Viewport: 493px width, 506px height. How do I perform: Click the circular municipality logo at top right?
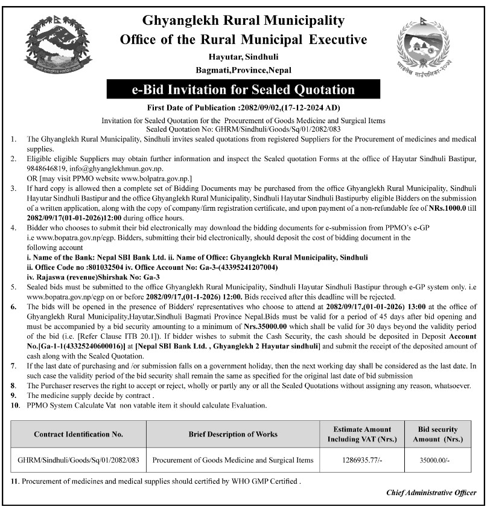click(423, 48)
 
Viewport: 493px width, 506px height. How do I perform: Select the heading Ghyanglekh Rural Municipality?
click(243, 20)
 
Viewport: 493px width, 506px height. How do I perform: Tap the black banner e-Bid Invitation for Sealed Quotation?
click(243, 90)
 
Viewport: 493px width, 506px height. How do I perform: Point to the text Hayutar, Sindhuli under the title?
click(243, 57)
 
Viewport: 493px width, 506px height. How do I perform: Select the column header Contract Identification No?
click(78, 434)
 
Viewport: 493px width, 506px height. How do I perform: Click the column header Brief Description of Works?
click(233, 434)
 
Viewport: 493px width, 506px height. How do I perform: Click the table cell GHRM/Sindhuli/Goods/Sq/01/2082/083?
click(78, 460)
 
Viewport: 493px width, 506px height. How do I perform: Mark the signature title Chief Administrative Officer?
click(431, 493)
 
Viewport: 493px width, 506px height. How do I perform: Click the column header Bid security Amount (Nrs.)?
click(438, 434)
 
